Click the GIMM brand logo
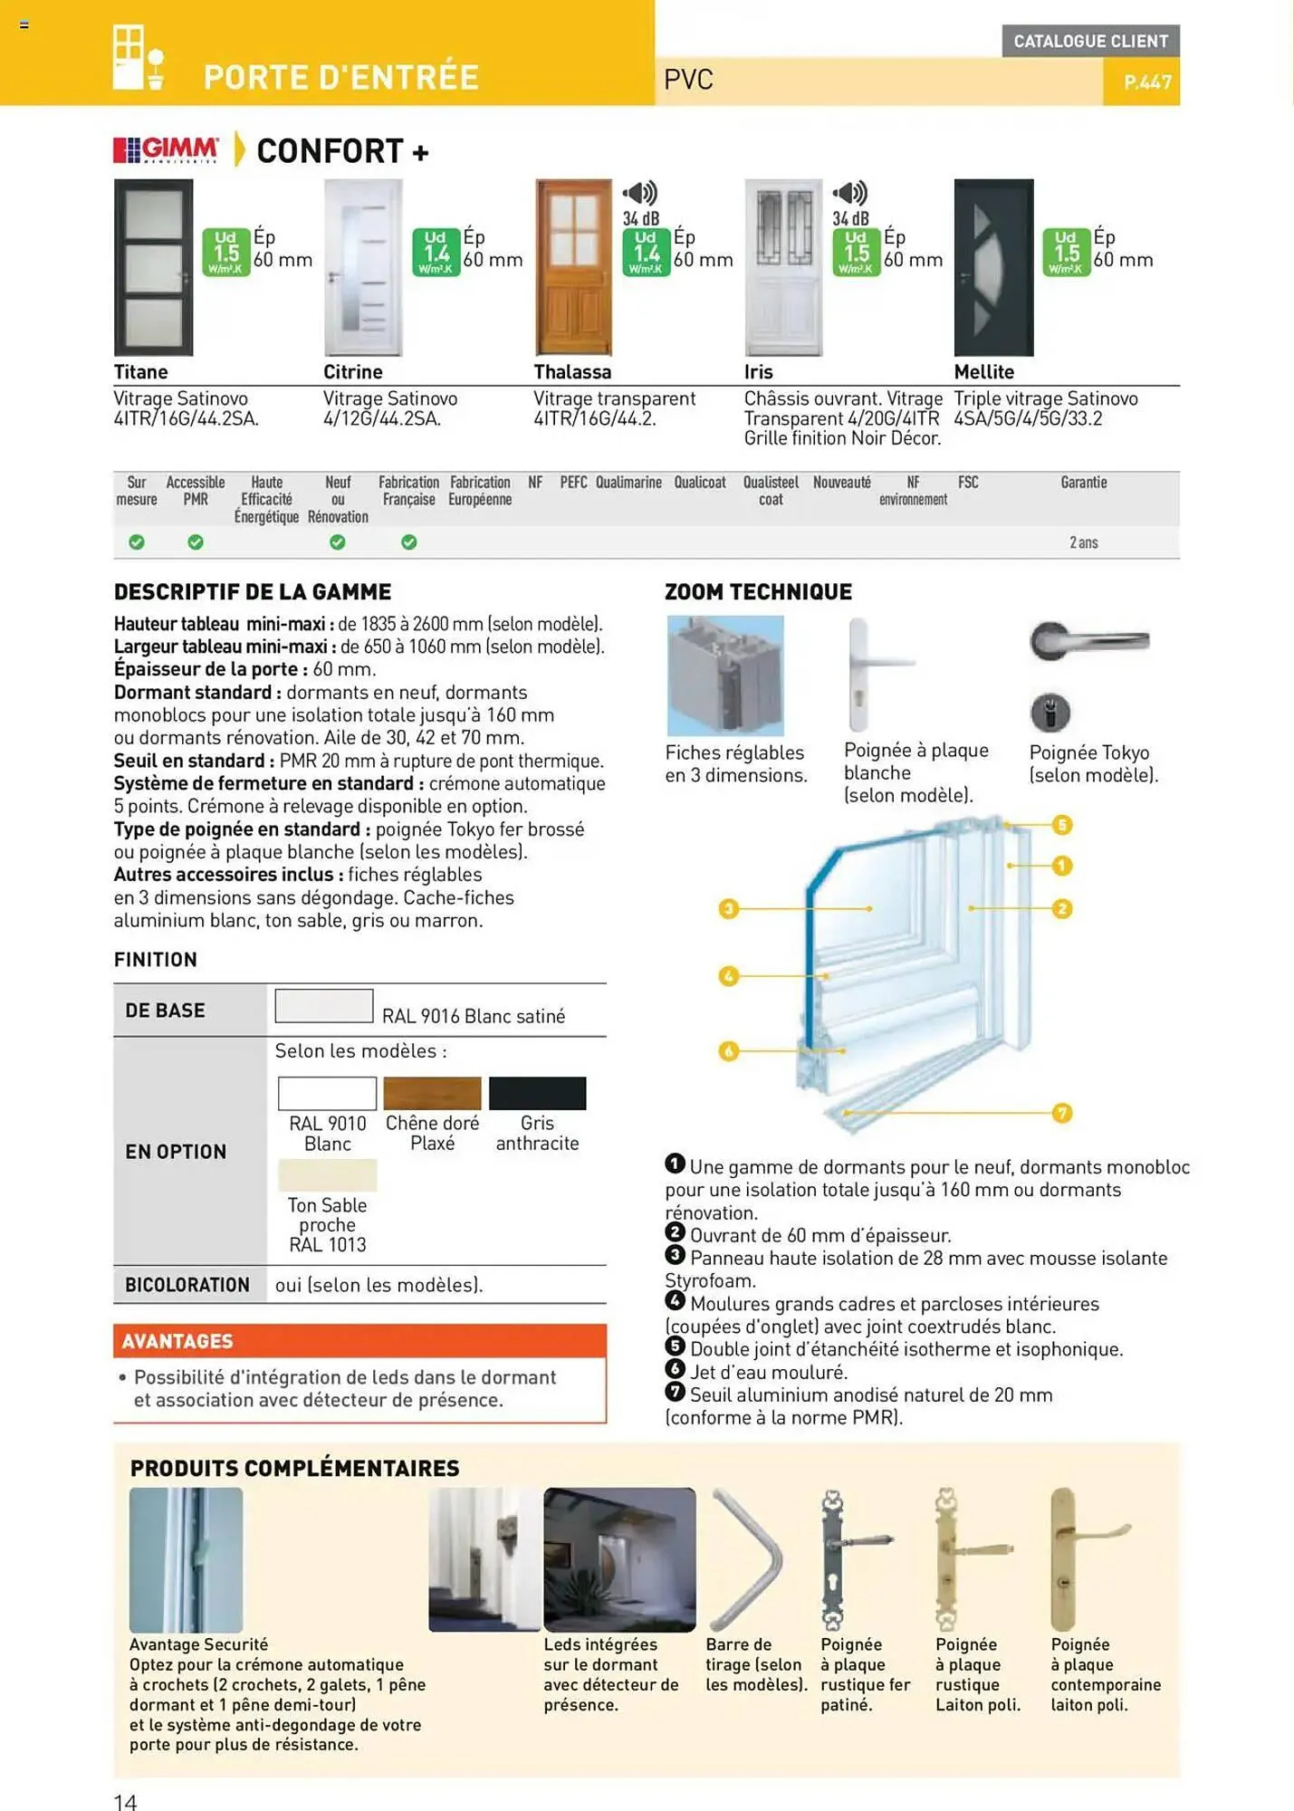pos(166,150)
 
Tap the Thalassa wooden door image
pos(573,267)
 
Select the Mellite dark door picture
pos(993,267)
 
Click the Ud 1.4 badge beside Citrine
pos(436,252)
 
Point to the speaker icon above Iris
pos(850,192)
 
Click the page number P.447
pos(1146,82)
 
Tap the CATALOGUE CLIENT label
pos(1090,41)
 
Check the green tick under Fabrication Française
pos(409,542)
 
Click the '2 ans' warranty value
pos(1083,542)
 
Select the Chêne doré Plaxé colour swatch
pos(432,1093)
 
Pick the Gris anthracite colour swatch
pos(537,1093)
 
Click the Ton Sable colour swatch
pos(327,1175)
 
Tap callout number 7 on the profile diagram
pos(1062,1113)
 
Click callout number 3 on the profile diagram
pos(729,908)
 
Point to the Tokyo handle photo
pos(1089,642)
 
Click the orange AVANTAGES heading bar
pos(359,1341)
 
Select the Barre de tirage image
pos(747,1558)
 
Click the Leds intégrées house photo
pos(619,1558)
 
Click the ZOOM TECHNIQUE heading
pos(758,592)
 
